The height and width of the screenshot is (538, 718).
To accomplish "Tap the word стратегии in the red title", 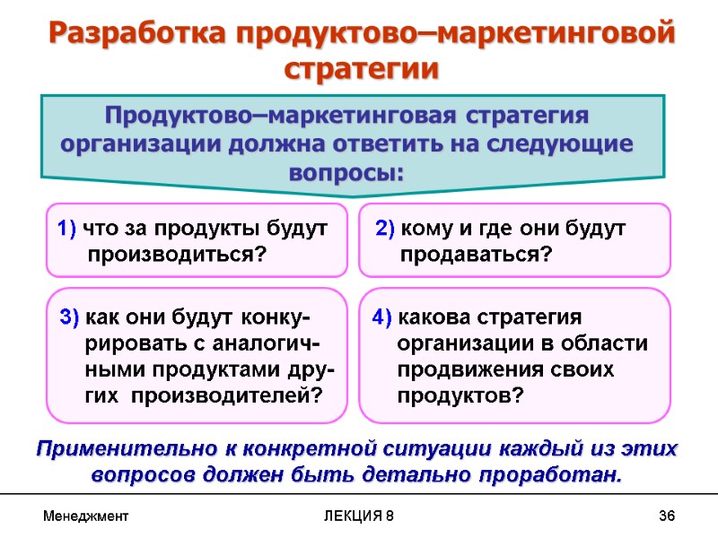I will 361,69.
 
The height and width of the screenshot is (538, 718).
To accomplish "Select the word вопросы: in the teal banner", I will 346,170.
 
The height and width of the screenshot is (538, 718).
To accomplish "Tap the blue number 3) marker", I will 70,317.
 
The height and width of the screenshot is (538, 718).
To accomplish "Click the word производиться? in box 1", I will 178,256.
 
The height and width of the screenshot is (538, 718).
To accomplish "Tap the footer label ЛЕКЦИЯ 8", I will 359,516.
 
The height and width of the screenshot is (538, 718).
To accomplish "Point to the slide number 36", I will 666,516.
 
